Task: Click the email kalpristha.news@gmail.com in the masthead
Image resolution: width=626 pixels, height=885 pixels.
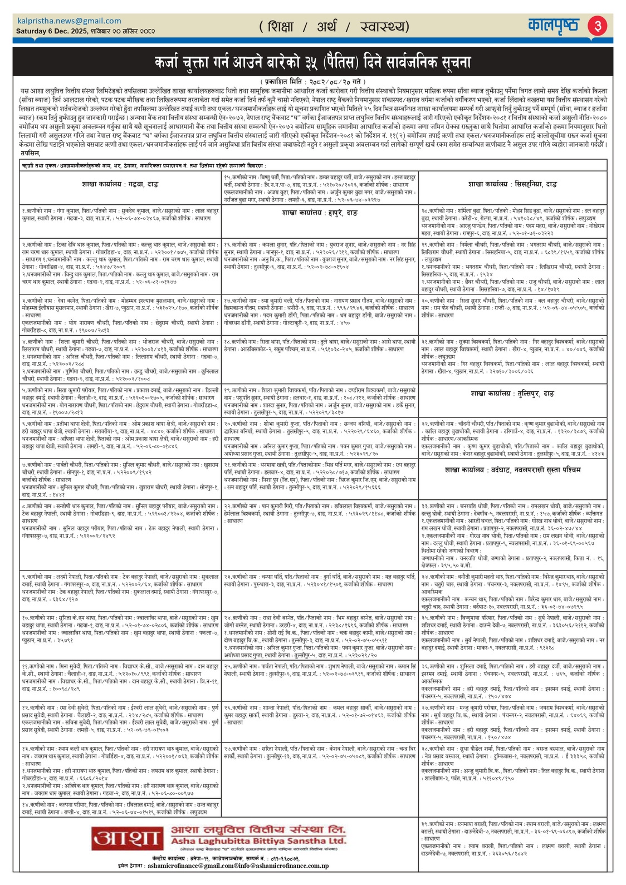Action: [x=70, y=21]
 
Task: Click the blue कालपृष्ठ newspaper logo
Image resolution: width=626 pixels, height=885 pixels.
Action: [x=554, y=26]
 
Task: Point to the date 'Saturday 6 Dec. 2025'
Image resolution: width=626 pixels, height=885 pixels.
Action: [x=52, y=31]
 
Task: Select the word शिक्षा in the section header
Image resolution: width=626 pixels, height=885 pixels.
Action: [x=280, y=27]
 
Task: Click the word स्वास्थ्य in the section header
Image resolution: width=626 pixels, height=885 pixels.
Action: [x=384, y=27]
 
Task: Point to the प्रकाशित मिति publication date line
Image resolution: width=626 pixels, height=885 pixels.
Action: [x=312, y=82]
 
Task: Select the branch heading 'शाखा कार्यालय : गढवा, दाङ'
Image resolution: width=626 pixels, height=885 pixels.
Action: [x=119, y=184]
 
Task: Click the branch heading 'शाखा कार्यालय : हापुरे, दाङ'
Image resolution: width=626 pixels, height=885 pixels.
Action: [x=320, y=213]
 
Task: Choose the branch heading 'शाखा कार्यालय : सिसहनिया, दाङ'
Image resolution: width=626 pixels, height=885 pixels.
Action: [x=512, y=184]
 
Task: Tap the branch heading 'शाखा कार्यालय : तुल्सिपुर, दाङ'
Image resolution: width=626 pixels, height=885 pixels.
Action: [x=512, y=394]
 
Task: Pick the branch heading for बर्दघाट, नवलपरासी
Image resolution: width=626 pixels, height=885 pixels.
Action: [x=512, y=470]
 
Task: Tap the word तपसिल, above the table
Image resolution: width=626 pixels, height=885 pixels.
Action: [x=30, y=153]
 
